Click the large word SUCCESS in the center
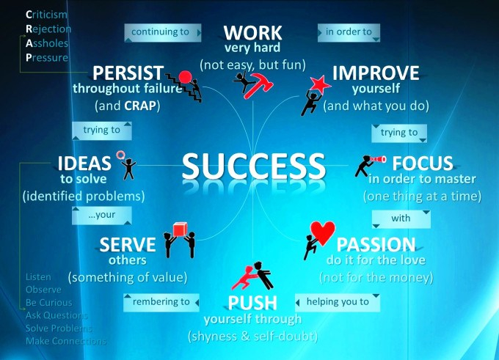[x=254, y=165]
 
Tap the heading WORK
[x=252, y=33]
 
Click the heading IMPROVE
[x=376, y=73]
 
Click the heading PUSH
[x=252, y=303]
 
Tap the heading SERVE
[x=128, y=244]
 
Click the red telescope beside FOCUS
[x=376, y=159]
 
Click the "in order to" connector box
[x=349, y=32]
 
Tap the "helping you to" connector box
[x=338, y=301]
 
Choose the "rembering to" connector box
[x=161, y=301]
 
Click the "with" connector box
[x=400, y=218]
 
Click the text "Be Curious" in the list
[x=48, y=303]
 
